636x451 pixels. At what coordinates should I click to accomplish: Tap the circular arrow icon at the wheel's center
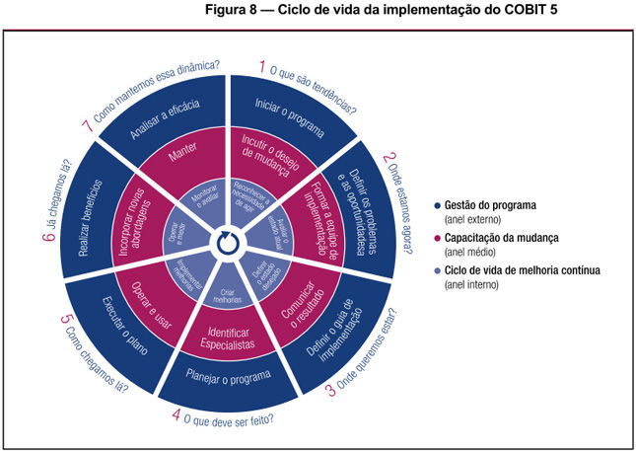(229, 237)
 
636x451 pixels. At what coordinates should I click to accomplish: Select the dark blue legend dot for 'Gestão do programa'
(436, 205)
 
